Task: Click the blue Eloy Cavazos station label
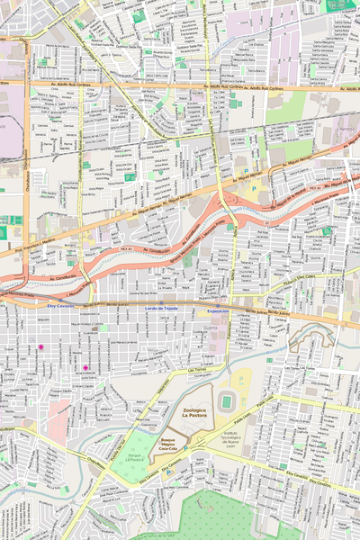[61, 307]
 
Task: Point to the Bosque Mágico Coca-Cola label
[162, 444]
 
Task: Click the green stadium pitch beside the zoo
[227, 399]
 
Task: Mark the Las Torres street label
[198, 369]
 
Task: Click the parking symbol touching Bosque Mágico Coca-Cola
[186, 447]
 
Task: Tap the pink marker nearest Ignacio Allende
[85, 367]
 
